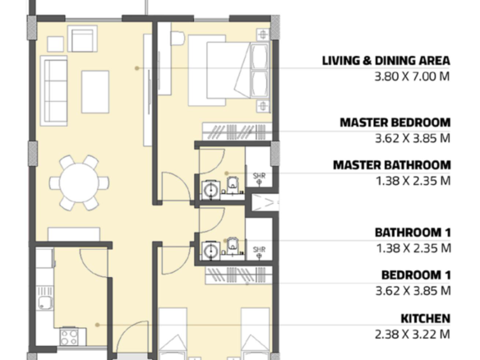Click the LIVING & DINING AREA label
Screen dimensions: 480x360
(386, 61)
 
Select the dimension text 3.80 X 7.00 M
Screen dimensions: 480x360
(413, 76)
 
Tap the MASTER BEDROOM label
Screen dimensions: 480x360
(395, 122)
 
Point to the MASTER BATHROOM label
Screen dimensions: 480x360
(392, 165)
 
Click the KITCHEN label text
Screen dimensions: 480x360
(426, 319)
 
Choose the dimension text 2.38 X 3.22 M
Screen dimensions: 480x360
(413, 334)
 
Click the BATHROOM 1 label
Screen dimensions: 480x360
(413, 233)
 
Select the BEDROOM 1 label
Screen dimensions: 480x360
(416, 275)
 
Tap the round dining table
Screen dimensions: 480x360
(79, 182)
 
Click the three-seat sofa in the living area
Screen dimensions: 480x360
(54, 91)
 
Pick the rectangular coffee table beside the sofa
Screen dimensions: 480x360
(95, 92)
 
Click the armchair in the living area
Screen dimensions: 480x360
(82, 39)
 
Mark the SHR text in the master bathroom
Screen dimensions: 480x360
(259, 176)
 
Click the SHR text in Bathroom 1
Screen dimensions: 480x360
(259, 249)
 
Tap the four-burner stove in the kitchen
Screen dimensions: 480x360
(69, 337)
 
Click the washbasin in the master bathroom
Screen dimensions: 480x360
(211, 191)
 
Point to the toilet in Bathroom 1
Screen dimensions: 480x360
(233, 246)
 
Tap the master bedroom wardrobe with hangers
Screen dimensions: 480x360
(238, 132)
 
